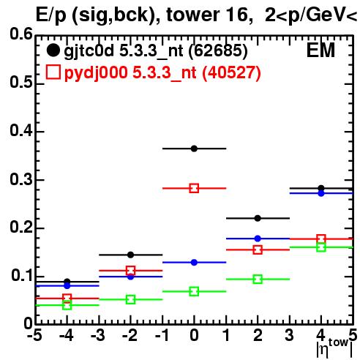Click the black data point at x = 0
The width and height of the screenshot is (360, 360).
coord(194,149)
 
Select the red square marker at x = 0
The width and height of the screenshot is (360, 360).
coord(194,188)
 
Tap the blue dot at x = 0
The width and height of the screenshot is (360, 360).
coord(194,263)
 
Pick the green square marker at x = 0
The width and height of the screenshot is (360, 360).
coord(194,291)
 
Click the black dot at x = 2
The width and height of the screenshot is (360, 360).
coord(258,218)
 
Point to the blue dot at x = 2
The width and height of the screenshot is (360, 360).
coord(258,239)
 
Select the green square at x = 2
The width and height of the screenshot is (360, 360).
coord(258,279)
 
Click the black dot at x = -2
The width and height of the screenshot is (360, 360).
coord(130,255)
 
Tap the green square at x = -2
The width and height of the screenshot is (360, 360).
coord(130,299)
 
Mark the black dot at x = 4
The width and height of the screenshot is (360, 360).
coord(321,188)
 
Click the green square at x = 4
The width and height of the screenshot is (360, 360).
coord(321,247)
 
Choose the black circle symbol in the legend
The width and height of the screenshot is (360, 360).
coord(53,50)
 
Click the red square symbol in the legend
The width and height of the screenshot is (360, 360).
coord(53,72)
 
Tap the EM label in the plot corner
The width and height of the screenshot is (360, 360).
coord(320,50)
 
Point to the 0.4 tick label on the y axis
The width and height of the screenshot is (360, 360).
coord(21,130)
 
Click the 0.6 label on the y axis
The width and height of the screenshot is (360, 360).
coord(21,34)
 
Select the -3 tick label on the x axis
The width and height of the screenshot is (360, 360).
coord(98,335)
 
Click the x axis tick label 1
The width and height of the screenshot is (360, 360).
coord(226,335)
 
